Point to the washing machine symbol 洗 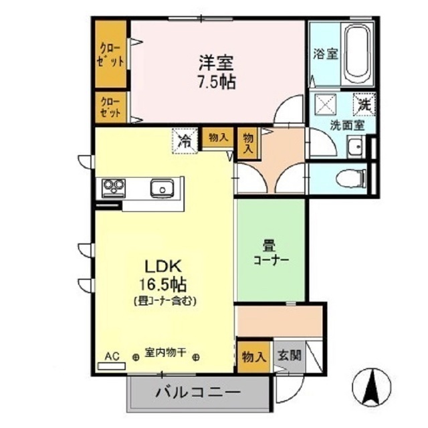click(x=364, y=104)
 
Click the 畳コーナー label click(x=271, y=253)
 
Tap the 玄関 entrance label click(x=290, y=355)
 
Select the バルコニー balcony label click(x=197, y=391)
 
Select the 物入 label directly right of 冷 click(x=218, y=137)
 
